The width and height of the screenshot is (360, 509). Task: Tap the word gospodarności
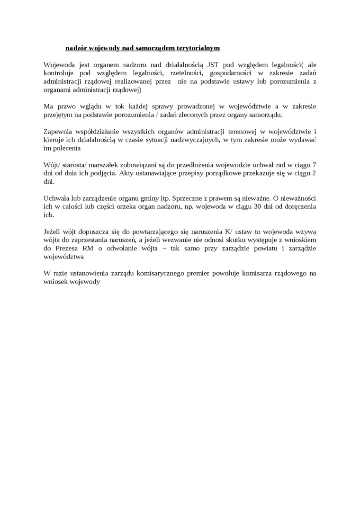click(231, 73)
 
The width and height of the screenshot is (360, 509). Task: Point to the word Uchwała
click(56, 199)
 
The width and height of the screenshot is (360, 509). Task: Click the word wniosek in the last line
click(55, 282)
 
